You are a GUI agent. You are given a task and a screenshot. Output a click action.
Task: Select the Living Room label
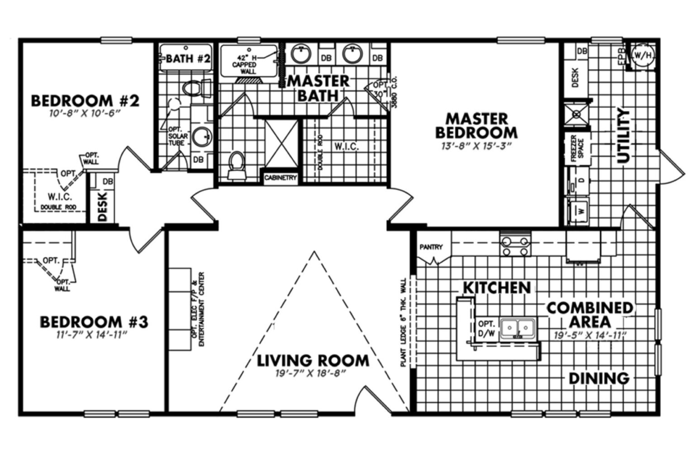tap(313, 361)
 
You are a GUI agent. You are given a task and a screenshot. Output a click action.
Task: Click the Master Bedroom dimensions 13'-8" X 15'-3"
tap(476, 146)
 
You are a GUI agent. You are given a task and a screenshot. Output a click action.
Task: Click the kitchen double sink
tap(519, 327)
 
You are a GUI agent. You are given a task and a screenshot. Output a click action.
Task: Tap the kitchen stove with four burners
tap(516, 246)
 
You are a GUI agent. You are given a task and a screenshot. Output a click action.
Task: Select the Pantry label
tap(431, 247)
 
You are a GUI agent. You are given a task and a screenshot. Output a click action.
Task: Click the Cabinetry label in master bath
tap(281, 178)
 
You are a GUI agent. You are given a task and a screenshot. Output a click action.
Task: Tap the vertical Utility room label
tap(624, 135)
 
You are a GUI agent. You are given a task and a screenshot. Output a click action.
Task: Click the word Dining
tap(599, 378)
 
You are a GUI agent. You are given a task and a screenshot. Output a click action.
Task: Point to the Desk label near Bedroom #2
tap(102, 206)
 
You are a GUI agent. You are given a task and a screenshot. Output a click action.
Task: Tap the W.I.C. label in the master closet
tap(347, 147)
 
